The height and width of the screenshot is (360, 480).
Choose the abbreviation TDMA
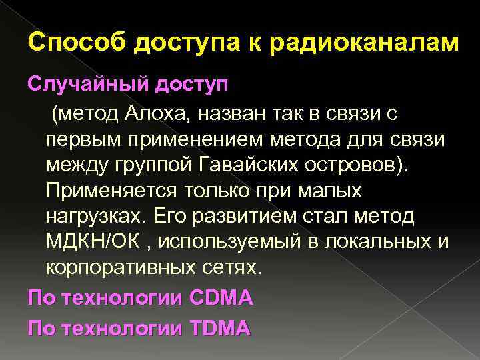pos(219,328)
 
